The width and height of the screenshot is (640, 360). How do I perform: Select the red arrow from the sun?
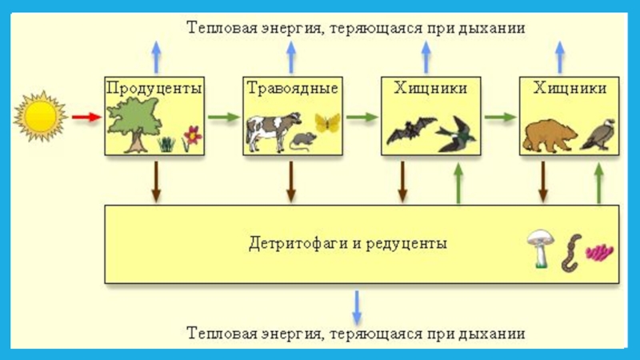[x=85, y=117]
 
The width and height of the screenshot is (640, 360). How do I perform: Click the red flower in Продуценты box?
[x=191, y=135]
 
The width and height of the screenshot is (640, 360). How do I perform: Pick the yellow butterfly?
[x=326, y=122]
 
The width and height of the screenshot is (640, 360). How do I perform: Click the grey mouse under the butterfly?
[x=302, y=141]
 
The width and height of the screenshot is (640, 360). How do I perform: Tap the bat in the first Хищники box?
[x=410, y=130]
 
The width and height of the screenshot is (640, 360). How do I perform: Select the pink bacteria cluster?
[x=599, y=253]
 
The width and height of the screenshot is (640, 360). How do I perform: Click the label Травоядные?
[x=291, y=87]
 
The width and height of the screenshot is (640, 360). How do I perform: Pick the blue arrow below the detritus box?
[x=358, y=305]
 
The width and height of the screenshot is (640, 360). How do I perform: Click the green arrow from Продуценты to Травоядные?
[x=224, y=117]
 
